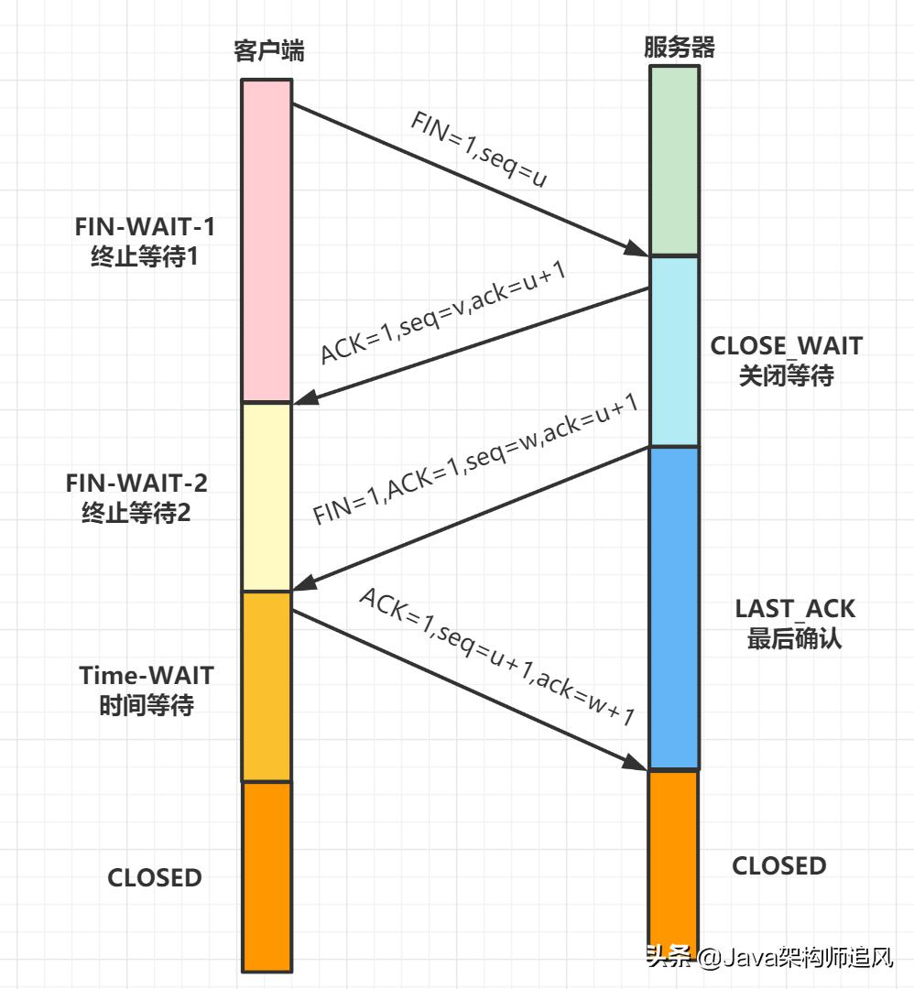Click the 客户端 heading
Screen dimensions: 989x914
pos(267,51)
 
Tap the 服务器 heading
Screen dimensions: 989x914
pos(679,48)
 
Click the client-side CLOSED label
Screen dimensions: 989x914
pos(155,877)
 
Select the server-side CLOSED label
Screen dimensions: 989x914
pos(778,865)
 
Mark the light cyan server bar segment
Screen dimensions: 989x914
pos(674,351)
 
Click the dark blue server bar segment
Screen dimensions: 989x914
pos(674,607)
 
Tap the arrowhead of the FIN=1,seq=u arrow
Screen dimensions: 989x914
pos(638,250)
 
